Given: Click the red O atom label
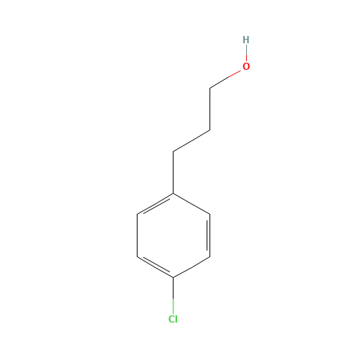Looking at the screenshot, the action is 246,66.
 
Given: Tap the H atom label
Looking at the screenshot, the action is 246,40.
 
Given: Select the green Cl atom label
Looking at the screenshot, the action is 173,319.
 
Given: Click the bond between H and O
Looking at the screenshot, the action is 246,53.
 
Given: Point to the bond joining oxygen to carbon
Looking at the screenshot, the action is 225,79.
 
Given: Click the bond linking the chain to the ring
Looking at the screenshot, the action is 174,173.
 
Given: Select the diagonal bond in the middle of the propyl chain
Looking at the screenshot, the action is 192,141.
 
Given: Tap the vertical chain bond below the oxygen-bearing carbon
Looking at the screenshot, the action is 210,109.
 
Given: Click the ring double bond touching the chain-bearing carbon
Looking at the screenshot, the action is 156,204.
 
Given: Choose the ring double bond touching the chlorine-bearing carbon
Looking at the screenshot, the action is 156,266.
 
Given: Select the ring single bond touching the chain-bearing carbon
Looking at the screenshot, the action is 192,204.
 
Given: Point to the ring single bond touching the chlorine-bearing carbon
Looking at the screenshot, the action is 192,267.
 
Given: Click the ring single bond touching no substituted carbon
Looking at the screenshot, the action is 137,235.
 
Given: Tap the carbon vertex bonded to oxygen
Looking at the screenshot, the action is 210,89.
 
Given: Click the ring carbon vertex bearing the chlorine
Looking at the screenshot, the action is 174,278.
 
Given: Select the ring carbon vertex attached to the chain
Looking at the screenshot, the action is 174,194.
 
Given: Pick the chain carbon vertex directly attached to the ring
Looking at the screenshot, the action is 174,152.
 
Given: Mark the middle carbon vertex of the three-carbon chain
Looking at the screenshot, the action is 210,130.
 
